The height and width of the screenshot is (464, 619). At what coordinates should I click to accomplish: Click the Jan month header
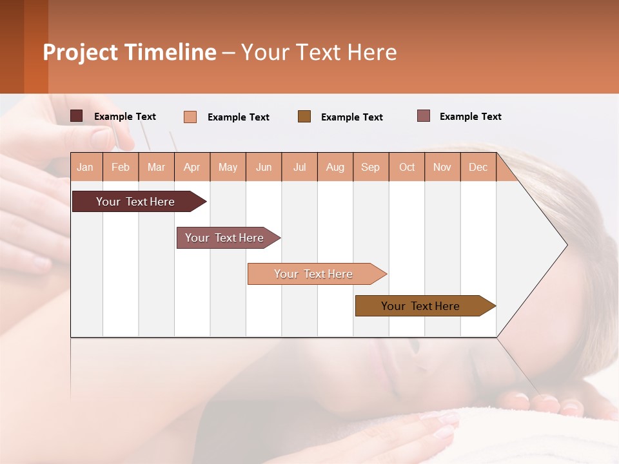click(85, 167)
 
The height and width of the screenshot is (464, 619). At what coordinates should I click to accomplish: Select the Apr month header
click(192, 167)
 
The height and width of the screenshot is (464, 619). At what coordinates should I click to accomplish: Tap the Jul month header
click(299, 167)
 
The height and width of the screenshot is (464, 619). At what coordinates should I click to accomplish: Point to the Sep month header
click(370, 167)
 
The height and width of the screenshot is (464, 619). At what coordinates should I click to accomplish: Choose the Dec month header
click(478, 167)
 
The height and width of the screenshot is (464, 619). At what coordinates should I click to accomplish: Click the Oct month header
click(407, 167)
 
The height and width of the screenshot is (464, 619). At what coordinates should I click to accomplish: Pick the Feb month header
click(121, 167)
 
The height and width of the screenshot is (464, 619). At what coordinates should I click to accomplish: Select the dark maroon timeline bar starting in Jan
click(136, 202)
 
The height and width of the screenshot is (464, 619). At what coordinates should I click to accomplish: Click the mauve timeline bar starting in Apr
click(225, 238)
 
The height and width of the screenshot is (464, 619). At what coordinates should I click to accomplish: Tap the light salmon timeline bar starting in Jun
click(314, 274)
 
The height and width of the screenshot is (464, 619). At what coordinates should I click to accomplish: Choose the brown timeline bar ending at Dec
click(421, 306)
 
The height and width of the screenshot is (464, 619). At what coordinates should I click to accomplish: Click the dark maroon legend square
click(77, 116)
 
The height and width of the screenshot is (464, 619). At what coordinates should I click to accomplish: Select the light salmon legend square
click(190, 117)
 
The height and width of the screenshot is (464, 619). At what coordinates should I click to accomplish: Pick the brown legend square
click(304, 116)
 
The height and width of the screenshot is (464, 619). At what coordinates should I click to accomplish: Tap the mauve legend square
click(424, 116)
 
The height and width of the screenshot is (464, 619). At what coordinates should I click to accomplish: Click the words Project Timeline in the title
click(129, 52)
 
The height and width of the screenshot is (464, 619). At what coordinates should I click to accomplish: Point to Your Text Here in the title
click(319, 52)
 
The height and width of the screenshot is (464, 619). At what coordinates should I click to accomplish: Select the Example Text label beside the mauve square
click(470, 117)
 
